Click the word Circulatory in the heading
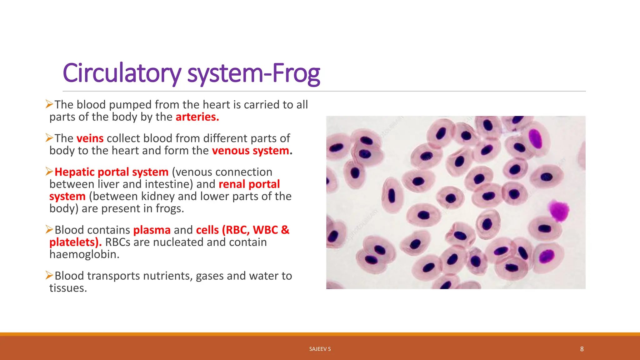pos(122,73)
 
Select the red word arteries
pos(197,117)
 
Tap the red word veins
pos(90,138)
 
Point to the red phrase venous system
pos(251,151)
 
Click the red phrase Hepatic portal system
pos(111,172)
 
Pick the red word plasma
pos(152,230)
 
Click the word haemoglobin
pos(84,254)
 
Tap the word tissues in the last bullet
pos(68,288)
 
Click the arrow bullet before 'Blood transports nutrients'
pos(49,275)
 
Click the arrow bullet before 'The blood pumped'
pos(49,104)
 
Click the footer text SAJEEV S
pos(320,349)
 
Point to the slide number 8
pos(582,349)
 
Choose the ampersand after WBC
pos(285,230)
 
